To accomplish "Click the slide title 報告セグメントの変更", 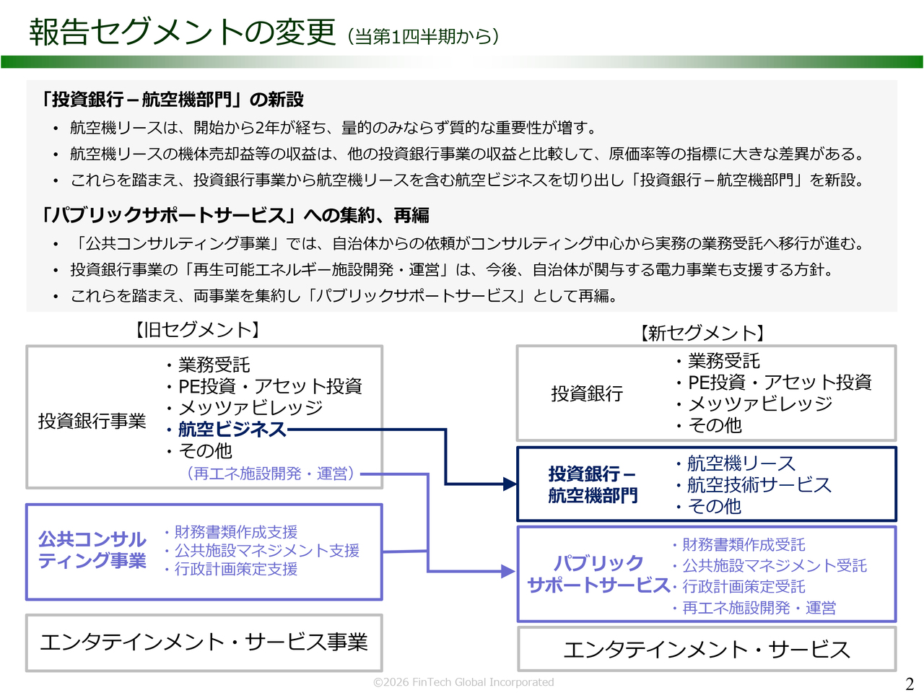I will pos(183,32).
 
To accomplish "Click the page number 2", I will pos(910,684).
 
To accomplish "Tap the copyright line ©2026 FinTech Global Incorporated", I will pos(463,682).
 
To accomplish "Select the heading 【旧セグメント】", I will pos(197,330).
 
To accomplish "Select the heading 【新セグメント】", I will pos(702,333).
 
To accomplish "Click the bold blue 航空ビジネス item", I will pos(232,430).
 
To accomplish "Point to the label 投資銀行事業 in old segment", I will pos(92,421).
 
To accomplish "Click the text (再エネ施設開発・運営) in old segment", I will pos(271,474).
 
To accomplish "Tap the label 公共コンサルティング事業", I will pos(92,550).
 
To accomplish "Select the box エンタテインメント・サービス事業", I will pos(204,642).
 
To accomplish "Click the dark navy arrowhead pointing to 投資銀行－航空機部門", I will pos(510,484).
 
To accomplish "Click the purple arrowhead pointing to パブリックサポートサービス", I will pos(508,572).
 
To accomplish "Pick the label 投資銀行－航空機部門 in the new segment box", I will pos(593,484).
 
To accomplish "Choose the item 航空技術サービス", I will pos(759,485).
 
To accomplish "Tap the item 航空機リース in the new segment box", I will pos(741,463).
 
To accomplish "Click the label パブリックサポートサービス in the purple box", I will pos(598,574).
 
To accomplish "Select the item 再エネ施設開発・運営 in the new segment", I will pos(759,608).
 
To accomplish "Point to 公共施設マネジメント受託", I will pos(775,566).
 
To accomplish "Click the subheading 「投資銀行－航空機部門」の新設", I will pos(173,100).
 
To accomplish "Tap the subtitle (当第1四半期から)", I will pos(423,36).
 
